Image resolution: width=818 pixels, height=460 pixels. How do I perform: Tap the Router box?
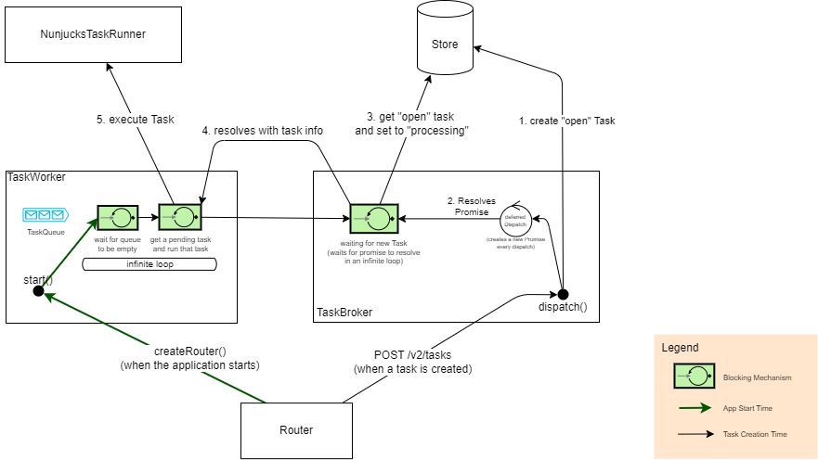coord(296,429)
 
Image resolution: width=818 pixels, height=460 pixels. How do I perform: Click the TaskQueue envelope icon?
coord(45,215)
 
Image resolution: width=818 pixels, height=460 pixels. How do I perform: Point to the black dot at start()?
coord(38,291)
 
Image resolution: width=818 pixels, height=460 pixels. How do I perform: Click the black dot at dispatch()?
coord(563,294)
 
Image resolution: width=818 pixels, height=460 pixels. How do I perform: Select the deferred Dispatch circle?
coord(515,221)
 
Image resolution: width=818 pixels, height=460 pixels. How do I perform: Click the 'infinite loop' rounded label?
coord(149,264)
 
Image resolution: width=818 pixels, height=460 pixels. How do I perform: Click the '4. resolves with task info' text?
coord(263,131)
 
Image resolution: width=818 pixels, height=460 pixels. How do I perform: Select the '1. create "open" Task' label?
coord(566,121)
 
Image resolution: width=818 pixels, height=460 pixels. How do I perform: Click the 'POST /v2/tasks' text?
coord(413,354)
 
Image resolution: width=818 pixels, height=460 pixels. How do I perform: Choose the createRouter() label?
coord(189,351)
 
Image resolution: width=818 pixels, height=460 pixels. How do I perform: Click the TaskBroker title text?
coord(344,313)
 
